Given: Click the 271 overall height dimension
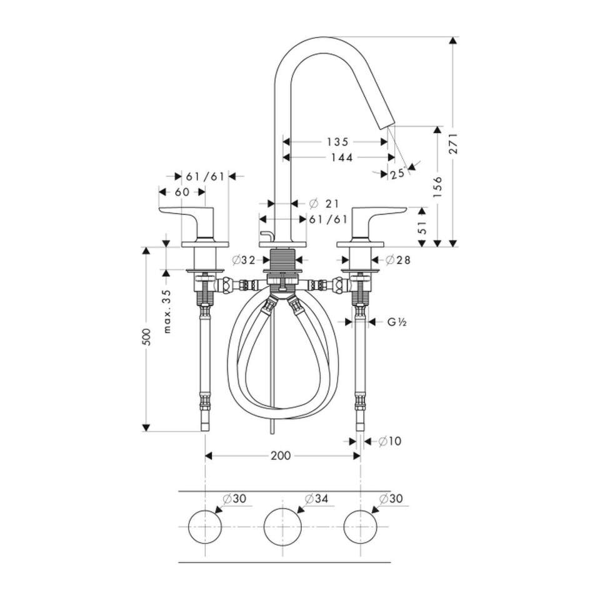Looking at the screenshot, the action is [454, 144].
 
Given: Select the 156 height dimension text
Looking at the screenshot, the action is [437, 187].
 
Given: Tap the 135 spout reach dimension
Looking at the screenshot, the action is [337, 142].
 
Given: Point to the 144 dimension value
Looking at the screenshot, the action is [342, 157].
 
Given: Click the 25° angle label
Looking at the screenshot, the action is [398, 174].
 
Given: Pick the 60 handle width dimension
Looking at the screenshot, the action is [182, 192].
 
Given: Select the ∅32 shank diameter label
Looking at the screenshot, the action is [244, 260].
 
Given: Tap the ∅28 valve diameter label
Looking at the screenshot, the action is [398, 260].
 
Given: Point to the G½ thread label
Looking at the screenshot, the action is [397, 322].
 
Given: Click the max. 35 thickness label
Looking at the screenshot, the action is [167, 311].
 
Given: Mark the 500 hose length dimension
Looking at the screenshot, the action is [146, 337].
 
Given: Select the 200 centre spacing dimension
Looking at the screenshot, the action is [281, 456].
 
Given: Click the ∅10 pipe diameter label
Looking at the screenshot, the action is [390, 441].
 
